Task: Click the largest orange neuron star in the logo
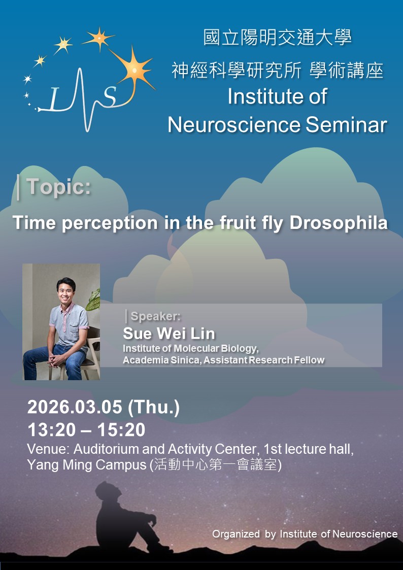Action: point(135,70)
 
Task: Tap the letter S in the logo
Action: point(110,97)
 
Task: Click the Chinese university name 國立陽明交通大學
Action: point(277,38)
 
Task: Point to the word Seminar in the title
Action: point(346,125)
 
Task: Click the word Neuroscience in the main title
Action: point(233,125)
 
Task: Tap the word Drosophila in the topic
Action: point(339,223)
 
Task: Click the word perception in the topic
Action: point(110,223)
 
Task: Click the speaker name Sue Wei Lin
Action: point(169,333)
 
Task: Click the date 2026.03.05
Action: point(75,407)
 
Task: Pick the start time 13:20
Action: point(51,430)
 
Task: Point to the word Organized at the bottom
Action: point(236,534)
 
